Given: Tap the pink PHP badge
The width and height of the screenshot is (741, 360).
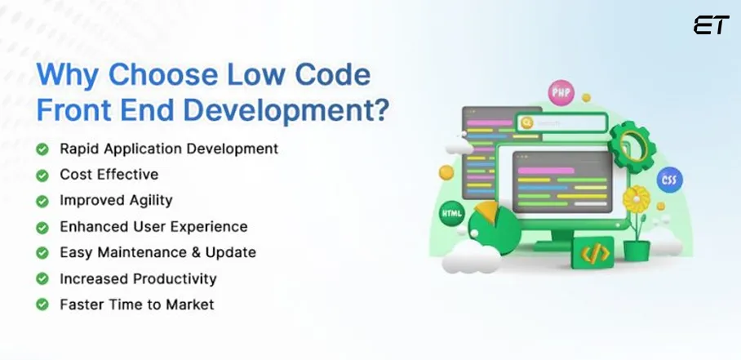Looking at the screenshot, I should pos(561,92).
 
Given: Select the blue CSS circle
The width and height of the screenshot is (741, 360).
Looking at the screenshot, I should pos(670,180).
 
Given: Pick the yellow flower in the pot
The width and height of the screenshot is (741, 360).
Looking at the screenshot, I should pos(635,198).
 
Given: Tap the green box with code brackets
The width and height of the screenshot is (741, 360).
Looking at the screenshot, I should pos(594,253).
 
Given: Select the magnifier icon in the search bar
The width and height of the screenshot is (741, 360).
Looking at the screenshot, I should pos(526,122).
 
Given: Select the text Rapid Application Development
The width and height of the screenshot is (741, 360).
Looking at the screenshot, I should pos(168,149).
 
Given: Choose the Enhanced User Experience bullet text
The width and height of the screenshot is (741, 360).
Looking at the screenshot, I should pos(153,226).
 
